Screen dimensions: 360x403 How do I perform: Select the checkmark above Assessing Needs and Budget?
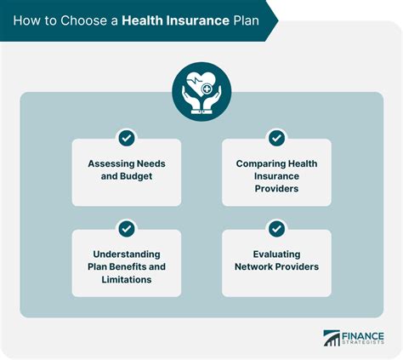[x=126, y=137]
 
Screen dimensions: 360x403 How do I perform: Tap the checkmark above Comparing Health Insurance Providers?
[x=276, y=137]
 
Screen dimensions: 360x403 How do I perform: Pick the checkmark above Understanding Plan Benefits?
[x=126, y=228]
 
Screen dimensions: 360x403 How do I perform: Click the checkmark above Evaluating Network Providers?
[x=276, y=228]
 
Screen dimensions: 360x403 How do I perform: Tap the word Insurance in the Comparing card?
[x=276, y=177]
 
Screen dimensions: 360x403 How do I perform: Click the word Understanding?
[x=126, y=254]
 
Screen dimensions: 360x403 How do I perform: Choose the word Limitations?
[x=126, y=279]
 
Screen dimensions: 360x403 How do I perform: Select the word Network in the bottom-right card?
[x=253, y=266]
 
